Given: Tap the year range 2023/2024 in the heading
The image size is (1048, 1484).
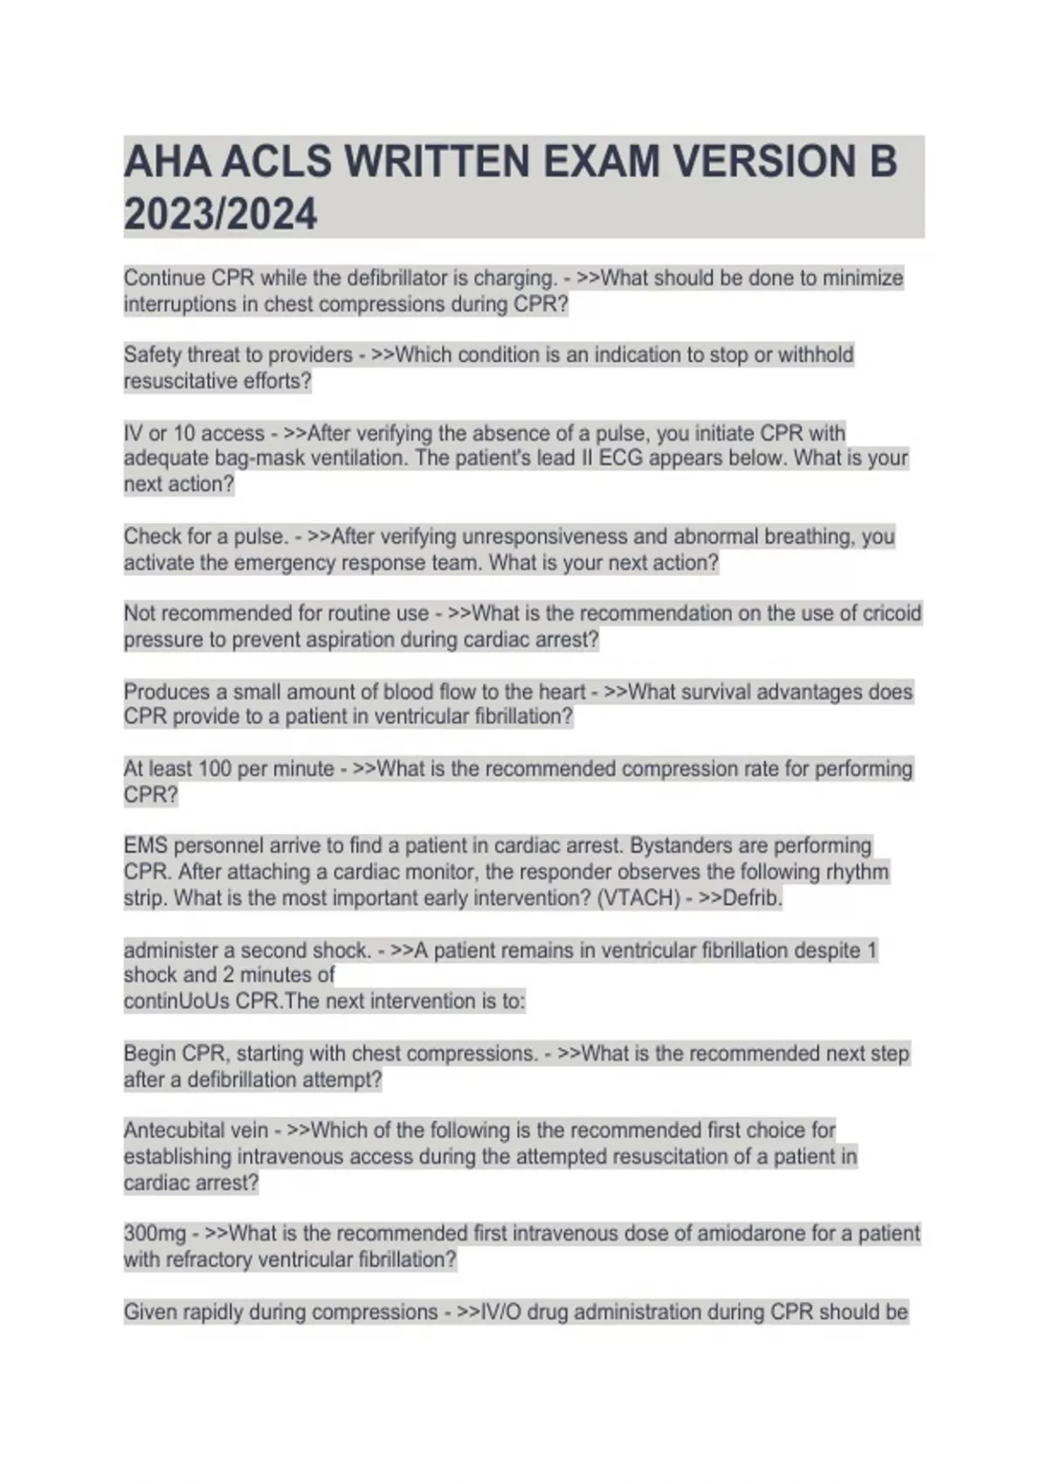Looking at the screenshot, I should [220, 214].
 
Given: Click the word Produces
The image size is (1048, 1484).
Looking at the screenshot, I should [167, 691].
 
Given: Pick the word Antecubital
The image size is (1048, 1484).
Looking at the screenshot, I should [176, 1130].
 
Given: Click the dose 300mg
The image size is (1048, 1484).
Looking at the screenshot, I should [155, 1234].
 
